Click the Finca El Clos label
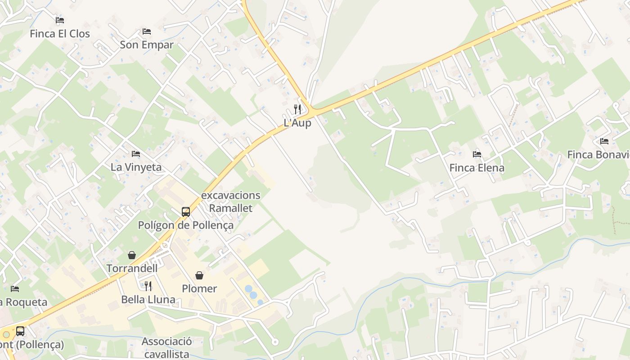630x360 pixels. [60, 34]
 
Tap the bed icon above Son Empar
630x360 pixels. [147, 31]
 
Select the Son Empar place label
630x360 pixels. [147, 45]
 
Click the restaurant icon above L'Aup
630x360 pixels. [297, 109]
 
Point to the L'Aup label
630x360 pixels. [297, 123]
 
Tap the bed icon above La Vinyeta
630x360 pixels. [136, 154]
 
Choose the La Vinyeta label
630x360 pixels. [136, 167]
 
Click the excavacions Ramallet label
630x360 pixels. [230, 202]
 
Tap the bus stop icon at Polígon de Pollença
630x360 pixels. [186, 211]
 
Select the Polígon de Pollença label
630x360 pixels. [186, 225]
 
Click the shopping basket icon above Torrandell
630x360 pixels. [132, 255]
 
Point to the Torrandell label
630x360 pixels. [132, 269]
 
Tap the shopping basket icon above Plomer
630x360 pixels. [199, 275]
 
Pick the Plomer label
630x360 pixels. [199, 288]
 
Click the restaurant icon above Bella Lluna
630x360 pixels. [148, 286]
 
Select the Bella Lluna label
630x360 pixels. [148, 299]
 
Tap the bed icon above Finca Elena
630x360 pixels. [477, 154]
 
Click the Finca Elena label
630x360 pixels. [477, 168]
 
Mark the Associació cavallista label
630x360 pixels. [166, 347]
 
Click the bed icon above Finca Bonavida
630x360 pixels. [604, 141]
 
